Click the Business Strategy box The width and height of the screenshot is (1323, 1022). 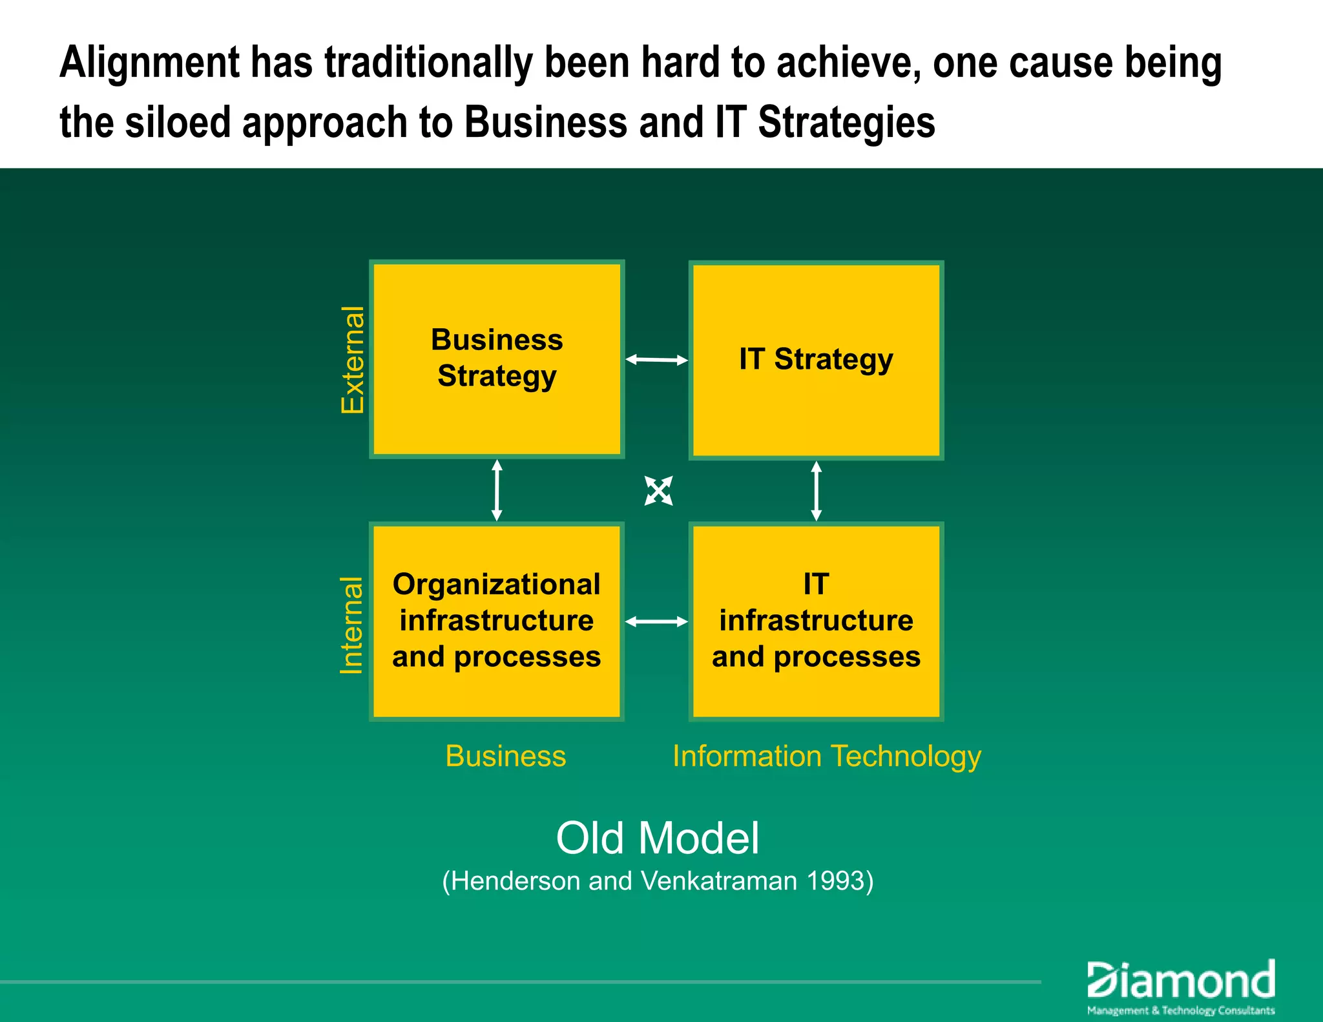[496, 359]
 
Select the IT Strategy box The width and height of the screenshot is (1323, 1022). [816, 360]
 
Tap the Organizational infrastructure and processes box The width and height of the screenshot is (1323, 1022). [496, 621]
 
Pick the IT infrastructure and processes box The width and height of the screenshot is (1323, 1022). [816, 621]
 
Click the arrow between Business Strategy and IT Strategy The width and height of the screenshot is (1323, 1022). [656, 360]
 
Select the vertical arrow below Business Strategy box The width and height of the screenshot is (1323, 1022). [497, 490]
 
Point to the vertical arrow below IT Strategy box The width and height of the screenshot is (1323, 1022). [816, 491]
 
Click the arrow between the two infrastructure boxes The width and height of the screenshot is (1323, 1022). [656, 621]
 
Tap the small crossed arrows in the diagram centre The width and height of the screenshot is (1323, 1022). [658, 491]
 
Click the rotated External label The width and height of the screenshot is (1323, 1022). [353, 360]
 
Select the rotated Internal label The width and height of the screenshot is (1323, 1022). [351, 625]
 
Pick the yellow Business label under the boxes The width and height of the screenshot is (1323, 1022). [505, 756]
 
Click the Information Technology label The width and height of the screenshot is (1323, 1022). [826, 756]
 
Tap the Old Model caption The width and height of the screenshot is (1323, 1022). [658, 838]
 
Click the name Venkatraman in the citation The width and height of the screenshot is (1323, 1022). [718, 881]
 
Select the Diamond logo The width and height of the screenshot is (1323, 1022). [1181, 986]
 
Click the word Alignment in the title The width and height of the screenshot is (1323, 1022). [149, 63]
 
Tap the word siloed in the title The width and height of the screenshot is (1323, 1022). [178, 123]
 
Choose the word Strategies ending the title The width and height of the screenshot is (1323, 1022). [846, 123]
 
